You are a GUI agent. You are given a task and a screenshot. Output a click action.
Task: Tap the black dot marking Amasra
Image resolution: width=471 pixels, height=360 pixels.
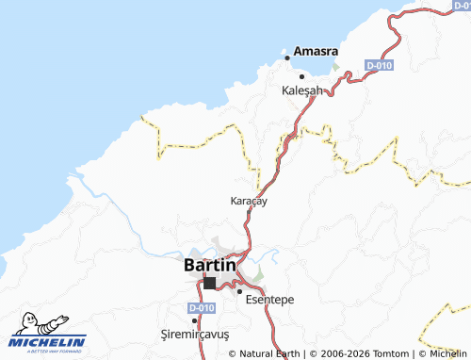click(287, 57)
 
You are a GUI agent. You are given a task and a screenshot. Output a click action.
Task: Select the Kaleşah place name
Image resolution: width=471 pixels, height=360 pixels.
click(302, 90)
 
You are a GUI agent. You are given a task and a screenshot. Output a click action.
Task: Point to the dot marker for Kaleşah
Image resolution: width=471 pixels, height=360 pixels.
click(301, 76)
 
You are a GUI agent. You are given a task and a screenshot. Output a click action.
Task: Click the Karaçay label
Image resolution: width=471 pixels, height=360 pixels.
click(250, 201)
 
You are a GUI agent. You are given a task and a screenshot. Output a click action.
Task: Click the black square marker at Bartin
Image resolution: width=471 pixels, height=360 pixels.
click(209, 283)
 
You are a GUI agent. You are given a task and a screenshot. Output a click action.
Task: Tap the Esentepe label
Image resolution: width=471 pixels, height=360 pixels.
click(269, 299)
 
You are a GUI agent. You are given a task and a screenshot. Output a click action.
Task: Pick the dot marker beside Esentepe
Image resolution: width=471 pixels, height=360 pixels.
click(240, 292)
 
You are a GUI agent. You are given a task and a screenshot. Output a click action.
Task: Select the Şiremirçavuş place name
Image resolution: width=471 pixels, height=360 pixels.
click(195, 335)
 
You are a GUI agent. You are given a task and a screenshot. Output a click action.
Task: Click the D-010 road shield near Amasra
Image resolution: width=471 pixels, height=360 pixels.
click(378, 65)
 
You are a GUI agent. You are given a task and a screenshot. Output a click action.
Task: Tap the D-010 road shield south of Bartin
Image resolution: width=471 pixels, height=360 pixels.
click(200, 308)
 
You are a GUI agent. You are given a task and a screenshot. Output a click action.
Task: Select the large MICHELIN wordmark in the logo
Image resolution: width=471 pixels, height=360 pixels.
click(49, 340)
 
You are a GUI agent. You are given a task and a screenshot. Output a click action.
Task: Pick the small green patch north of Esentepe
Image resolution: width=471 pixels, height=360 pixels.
click(258, 274)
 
